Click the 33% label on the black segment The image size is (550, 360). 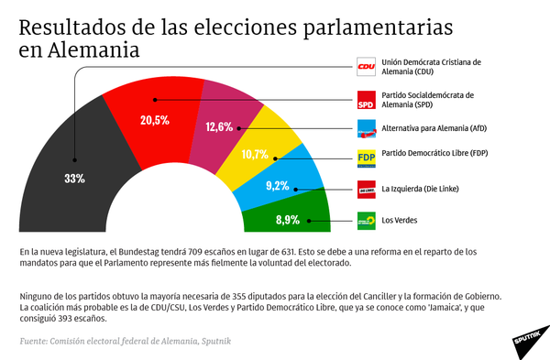coord(74,179)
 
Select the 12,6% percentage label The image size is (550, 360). coord(218,127)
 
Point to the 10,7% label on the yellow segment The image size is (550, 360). coord(254,154)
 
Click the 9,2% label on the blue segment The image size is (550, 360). coord(276,185)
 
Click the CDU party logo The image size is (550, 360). coord(367,67)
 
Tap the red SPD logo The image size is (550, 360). coord(367,99)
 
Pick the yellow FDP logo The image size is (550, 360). coord(367,158)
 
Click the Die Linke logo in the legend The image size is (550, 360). coord(367,189)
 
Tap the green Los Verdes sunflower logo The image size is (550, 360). coord(367,220)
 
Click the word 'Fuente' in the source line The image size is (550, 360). coord(37,341)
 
